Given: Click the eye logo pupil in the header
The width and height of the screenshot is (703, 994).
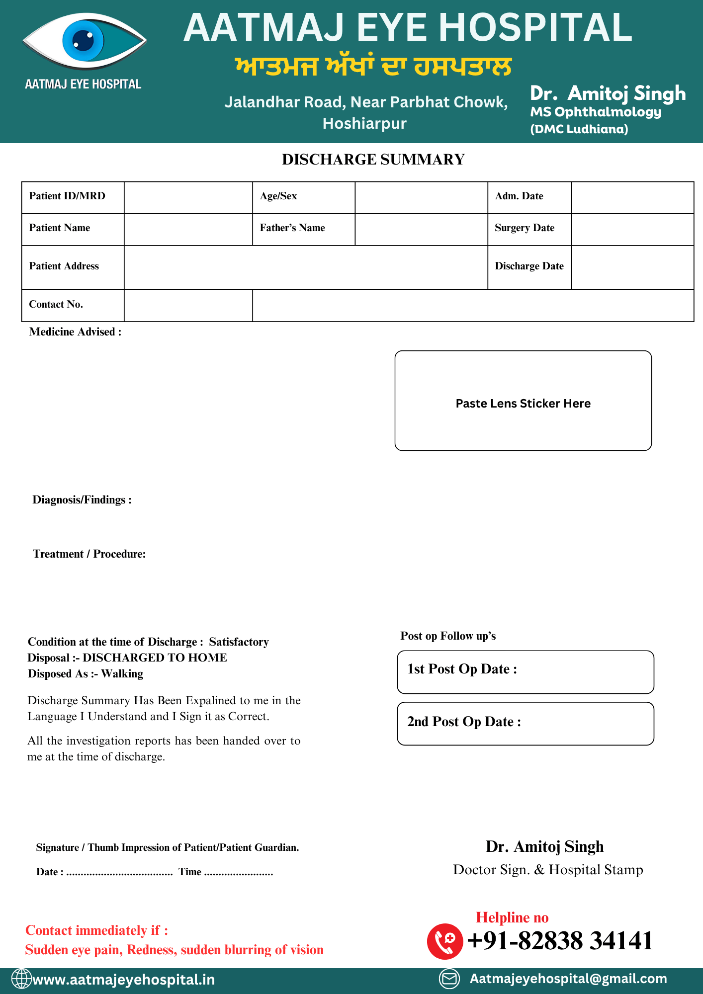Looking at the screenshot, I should [83, 40].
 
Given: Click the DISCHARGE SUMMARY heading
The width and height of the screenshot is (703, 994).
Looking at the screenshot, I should [373, 160].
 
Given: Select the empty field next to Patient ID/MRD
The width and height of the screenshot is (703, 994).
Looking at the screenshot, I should [188, 197].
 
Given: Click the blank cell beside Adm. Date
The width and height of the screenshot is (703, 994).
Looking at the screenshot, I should [632, 197].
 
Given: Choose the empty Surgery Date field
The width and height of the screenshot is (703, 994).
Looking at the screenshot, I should [632, 229].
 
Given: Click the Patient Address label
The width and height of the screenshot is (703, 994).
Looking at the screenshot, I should [64, 266].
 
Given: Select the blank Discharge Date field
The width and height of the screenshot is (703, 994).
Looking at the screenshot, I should [632, 267].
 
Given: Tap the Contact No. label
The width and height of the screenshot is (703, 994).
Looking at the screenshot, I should [56, 305].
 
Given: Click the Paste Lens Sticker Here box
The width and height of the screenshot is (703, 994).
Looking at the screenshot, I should [523, 401].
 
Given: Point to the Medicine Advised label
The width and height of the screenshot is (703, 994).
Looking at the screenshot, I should [75, 332].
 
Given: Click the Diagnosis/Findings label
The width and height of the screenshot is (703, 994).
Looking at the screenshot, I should [82, 500].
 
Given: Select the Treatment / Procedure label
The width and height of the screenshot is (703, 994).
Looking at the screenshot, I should [89, 554].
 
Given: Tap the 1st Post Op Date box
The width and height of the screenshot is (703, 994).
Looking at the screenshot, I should [526, 672].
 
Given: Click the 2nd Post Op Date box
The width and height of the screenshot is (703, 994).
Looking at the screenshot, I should [526, 724].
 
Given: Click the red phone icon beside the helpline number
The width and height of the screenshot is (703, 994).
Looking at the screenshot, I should [444, 941].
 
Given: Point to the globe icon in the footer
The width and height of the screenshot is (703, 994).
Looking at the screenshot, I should [21, 979].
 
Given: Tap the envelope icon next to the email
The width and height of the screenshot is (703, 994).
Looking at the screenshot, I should [449, 979].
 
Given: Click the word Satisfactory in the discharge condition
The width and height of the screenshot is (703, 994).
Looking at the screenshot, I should [239, 642].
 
